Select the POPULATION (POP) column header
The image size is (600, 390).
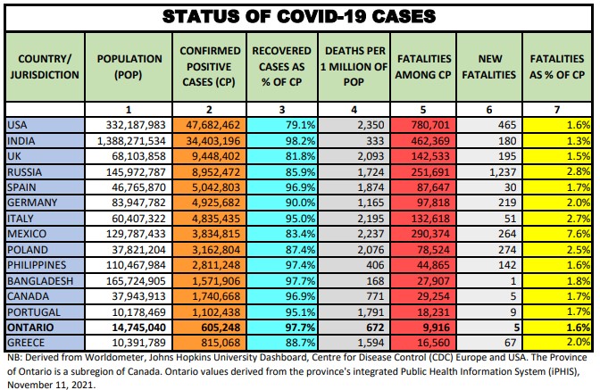coord(130,66)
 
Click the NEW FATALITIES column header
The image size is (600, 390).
coord(490,66)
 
